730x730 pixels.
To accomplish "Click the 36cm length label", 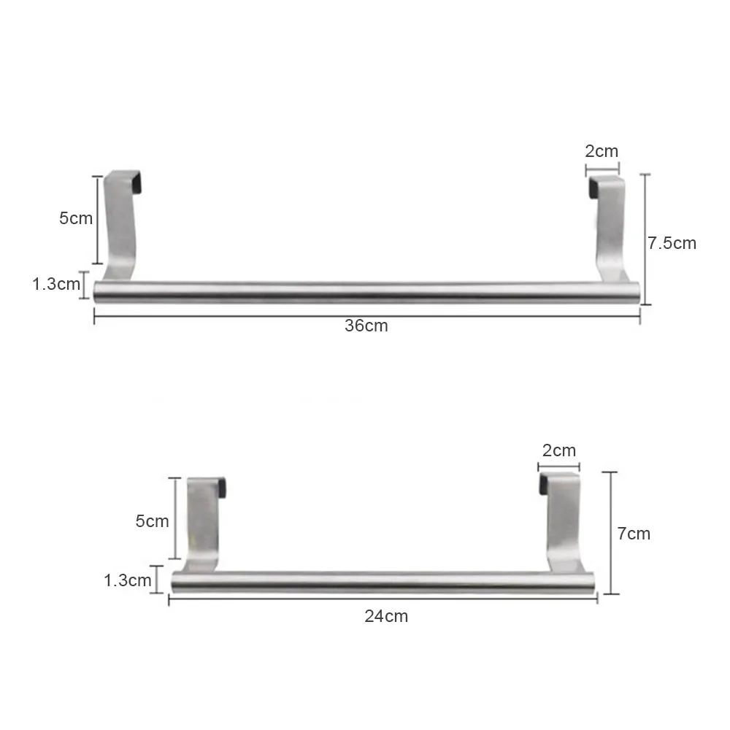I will pos(366,326).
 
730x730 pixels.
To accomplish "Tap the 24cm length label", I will pos(386,616).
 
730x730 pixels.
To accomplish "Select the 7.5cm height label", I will pos(672,243).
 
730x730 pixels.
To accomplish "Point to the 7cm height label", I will pos(634,534).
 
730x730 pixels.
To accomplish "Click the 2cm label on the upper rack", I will pos(602,151).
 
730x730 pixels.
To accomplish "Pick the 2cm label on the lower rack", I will pos(558,450).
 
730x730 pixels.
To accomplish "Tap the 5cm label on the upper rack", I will pos(76,218).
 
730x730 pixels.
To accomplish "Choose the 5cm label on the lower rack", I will pos(152,520).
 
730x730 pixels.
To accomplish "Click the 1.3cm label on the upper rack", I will pos(55,284).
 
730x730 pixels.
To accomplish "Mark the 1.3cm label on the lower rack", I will pos(128,580).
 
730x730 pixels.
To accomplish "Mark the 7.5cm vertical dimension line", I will pos(644,241).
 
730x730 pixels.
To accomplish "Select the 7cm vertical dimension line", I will pos(612,533).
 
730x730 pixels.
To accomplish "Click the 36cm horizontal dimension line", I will pos(219,315).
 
